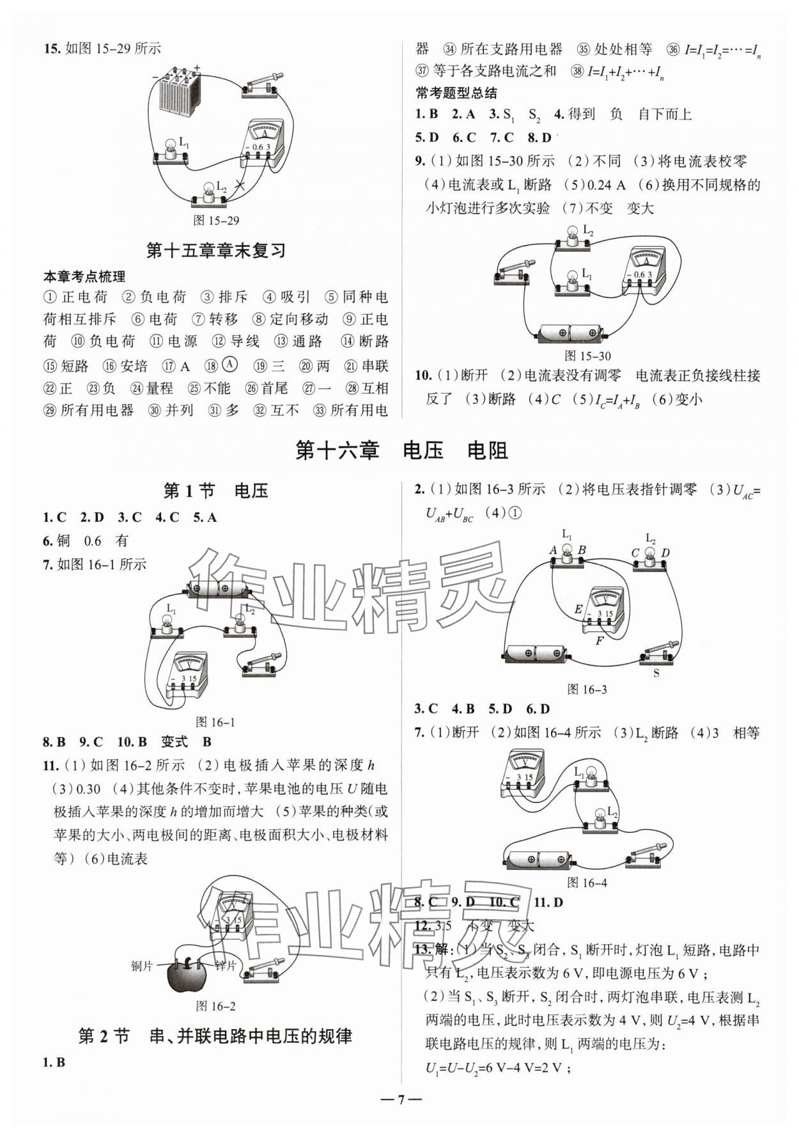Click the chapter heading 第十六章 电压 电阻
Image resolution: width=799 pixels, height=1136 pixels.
[401, 451]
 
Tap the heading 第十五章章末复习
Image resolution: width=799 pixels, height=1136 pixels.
[216, 250]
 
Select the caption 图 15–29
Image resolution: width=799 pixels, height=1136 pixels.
[216, 221]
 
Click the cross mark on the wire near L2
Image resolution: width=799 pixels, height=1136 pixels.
[240, 186]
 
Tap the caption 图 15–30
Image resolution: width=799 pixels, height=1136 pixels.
[588, 356]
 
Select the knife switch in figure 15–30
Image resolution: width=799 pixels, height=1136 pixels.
[512, 272]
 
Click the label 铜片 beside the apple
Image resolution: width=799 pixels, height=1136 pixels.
[142, 966]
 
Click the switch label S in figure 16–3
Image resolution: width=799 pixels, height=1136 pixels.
[656, 673]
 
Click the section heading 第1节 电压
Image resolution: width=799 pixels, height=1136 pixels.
[216, 491]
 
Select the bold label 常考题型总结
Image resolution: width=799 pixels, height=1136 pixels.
[456, 93]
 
